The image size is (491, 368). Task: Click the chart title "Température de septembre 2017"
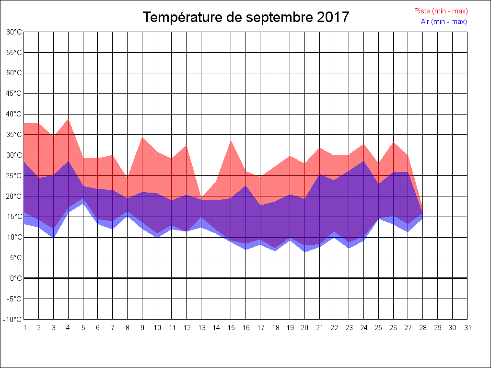tap(246, 18)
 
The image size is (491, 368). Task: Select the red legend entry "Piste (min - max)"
tap(441, 11)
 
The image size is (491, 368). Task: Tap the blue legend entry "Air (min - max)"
tap(444, 22)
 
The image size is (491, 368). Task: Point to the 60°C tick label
tap(14, 32)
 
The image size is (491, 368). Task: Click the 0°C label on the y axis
tap(16, 278)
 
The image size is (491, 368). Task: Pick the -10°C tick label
tap(13, 320)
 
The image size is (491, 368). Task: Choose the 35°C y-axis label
tap(14, 135)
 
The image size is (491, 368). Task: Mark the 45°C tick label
tap(14, 93)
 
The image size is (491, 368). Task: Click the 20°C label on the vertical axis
tap(14, 196)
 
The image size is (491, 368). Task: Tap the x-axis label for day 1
tap(24, 328)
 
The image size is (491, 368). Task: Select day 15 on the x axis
tap(231, 328)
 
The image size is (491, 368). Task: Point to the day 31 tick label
tap(468, 328)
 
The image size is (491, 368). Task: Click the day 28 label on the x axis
tap(423, 328)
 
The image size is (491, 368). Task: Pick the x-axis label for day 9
tap(142, 328)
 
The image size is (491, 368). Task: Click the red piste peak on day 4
tap(69, 119)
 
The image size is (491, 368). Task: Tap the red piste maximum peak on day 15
tap(231, 141)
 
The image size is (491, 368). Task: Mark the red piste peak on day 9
tap(142, 138)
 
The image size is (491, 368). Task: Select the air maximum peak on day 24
tap(364, 161)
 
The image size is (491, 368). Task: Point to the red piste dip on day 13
tap(201, 197)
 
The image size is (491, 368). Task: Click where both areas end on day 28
tap(422, 213)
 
